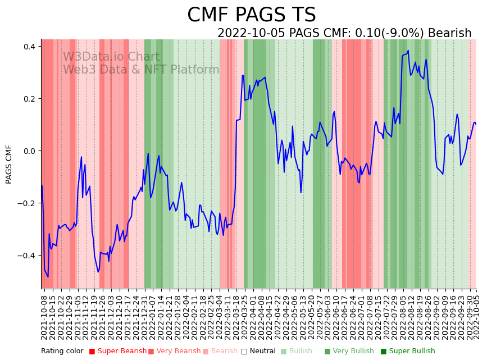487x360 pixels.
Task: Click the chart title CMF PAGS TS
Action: [251, 15]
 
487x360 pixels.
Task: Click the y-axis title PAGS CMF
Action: [9, 164]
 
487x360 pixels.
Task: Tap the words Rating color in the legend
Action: [62, 352]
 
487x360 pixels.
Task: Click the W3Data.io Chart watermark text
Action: [111, 57]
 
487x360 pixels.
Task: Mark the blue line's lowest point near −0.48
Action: [48, 276]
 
